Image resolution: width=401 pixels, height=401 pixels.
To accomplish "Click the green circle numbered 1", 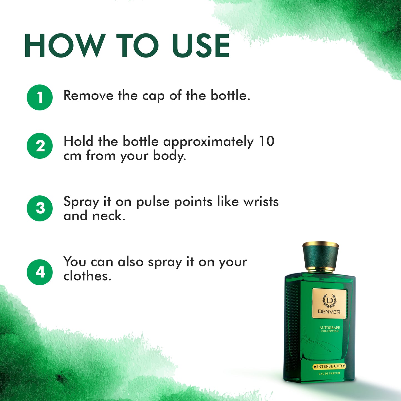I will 40,97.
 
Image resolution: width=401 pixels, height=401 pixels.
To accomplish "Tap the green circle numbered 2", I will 40,146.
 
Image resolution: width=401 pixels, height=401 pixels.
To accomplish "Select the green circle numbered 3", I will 40,208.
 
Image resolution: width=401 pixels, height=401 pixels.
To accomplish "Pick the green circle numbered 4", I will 40,272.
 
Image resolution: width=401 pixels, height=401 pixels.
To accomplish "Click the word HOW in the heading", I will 65,46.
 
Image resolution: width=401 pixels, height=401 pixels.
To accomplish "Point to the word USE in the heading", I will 200,46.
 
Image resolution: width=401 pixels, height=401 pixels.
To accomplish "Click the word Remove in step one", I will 88,96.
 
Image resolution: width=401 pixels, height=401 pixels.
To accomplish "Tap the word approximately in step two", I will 208,142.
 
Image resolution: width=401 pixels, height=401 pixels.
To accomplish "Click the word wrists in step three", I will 261,202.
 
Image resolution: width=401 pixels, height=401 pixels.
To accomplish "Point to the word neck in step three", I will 108,216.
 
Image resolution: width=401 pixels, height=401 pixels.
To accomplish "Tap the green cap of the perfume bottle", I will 321,257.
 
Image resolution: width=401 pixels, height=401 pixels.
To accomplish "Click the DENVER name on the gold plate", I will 329,312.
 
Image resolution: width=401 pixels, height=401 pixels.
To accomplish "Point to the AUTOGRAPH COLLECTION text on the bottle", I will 330,329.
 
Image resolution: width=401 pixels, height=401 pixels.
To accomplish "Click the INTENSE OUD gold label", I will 329,366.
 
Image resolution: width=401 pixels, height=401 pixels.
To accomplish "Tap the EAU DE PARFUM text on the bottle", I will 329,374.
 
